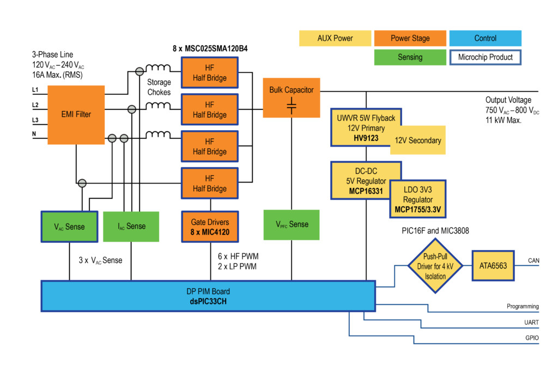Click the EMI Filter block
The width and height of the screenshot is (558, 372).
tap(76, 114)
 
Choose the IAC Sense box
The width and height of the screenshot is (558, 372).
tap(131, 226)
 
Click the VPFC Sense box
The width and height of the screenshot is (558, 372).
tap(291, 224)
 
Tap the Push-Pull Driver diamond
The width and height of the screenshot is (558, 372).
tap(435, 266)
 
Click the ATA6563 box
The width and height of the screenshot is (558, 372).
tap(493, 266)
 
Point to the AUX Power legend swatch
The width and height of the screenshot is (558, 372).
tap(335, 38)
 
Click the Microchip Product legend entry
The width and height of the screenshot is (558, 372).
tap(486, 57)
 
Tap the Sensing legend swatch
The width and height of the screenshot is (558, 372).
tap(410, 57)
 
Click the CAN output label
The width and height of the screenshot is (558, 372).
tap(533, 261)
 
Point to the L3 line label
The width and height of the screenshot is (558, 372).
tap(35, 120)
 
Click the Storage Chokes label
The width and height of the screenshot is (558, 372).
tap(159, 87)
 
